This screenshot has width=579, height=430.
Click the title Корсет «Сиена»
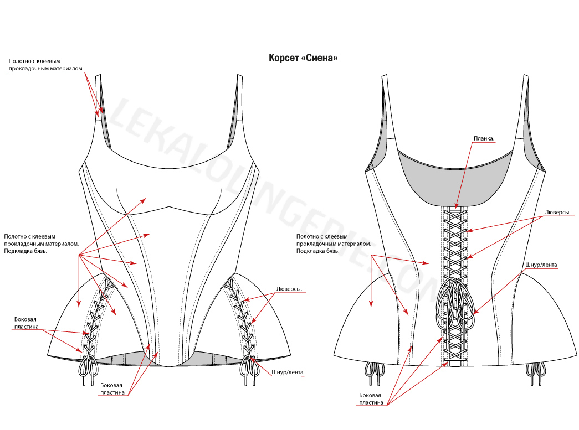coord(303,58)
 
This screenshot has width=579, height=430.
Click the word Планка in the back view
coord(484,138)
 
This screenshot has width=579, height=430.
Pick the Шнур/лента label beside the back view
coord(541,265)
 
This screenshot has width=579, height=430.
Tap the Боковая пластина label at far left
coord(27,323)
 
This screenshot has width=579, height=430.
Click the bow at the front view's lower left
coord(87,369)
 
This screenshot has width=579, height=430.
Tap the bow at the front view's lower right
coord(247,369)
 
